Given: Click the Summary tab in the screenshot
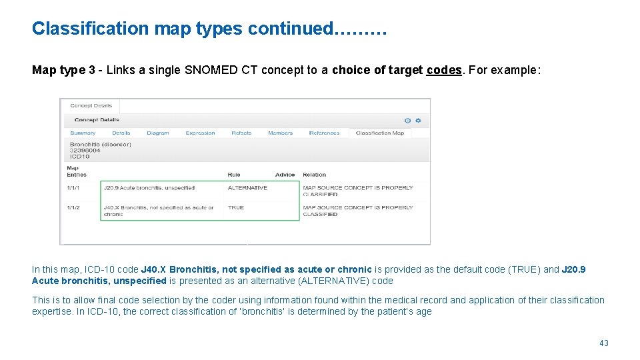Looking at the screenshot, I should point(83,133).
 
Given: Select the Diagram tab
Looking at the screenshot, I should point(158,133).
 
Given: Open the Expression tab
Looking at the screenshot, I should point(200,133).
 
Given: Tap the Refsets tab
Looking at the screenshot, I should point(241,133).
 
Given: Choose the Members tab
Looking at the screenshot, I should point(280,133).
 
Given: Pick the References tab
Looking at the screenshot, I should point(324,133).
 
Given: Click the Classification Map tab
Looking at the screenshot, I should point(380,133).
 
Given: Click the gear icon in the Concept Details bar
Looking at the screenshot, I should point(418,121).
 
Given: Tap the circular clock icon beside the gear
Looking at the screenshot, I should point(408,121).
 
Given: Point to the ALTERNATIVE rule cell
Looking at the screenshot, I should point(247,188).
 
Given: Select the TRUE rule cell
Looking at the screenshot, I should point(236,208).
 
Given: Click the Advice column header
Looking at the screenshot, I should point(285,175).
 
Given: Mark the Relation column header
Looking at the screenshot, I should point(315,175).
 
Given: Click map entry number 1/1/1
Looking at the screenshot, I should point(73,188).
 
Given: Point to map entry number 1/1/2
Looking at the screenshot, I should point(73,208).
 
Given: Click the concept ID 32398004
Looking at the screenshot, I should point(85,151).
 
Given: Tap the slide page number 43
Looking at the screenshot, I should point(604,343).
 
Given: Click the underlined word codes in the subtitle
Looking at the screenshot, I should point(443,71).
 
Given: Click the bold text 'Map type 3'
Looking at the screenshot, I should point(63,71).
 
